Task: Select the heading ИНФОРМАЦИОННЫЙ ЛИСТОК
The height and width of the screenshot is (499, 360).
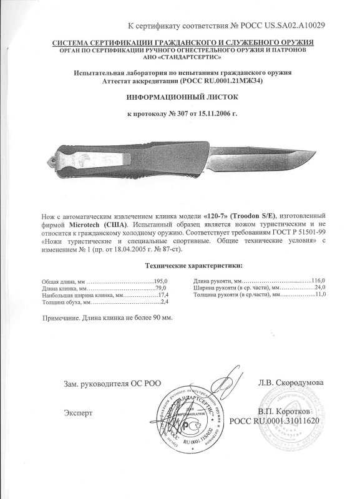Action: (180, 98)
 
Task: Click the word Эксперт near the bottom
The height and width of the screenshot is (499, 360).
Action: (78, 413)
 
